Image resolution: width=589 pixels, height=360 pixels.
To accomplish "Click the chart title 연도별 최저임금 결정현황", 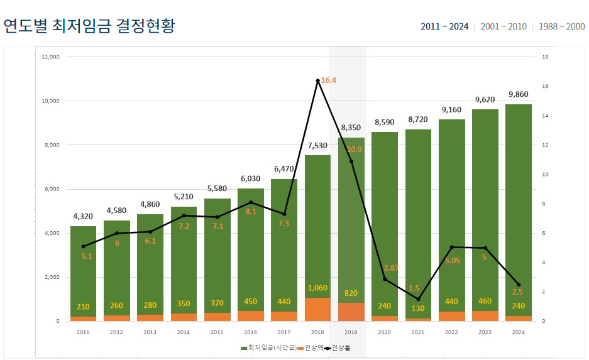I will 89,26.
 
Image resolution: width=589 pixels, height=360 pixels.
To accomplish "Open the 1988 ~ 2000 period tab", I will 561,26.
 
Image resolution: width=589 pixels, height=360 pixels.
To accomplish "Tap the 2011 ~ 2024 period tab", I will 444,26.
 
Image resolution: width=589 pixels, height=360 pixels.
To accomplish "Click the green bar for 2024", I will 518,207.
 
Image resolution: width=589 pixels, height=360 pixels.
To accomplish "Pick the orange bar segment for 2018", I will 317,309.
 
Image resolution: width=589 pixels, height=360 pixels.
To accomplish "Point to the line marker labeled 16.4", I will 317,80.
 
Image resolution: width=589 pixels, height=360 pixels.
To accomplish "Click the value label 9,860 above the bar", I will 518,95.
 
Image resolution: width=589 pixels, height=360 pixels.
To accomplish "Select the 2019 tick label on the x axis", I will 351,332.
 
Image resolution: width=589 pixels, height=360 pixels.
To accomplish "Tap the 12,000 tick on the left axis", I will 50,57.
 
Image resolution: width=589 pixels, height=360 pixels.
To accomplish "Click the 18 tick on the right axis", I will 544,57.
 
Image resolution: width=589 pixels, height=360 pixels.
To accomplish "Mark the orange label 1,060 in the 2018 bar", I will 317,288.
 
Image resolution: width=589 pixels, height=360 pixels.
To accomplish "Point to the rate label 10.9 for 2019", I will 354,150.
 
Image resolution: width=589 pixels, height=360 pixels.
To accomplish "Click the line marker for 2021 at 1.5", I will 418,299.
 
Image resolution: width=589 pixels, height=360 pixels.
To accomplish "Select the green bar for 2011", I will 83,270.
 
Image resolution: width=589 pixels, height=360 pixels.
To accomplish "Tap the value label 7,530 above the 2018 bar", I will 317,146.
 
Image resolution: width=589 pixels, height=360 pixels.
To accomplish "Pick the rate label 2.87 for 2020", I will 392,268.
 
